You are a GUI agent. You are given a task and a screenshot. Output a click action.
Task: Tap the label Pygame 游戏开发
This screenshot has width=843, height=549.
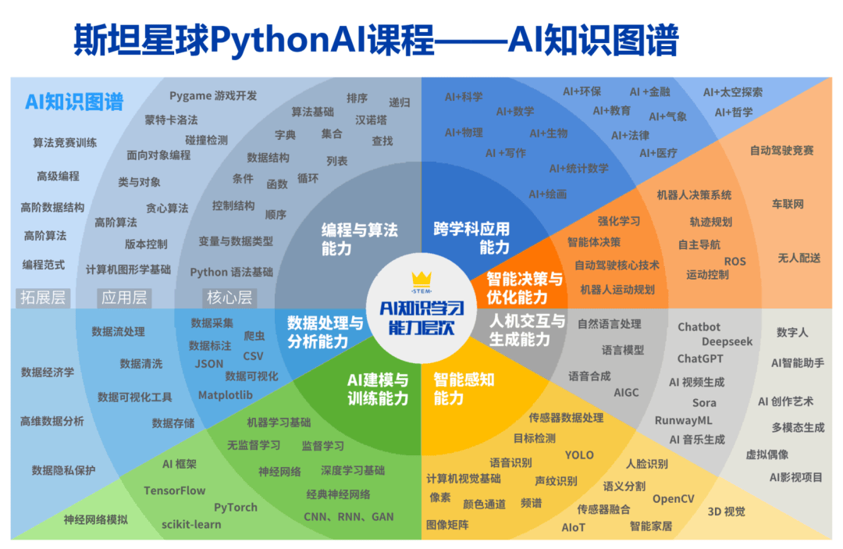(x=213, y=96)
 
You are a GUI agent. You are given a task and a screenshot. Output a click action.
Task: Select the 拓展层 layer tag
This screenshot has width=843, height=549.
(x=43, y=298)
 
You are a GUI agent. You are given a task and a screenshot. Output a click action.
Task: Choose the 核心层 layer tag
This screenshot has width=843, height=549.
(x=229, y=298)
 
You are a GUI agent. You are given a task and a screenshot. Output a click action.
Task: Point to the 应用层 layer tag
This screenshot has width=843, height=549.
(x=124, y=298)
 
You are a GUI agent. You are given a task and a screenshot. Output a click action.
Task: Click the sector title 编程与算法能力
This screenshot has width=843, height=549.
(x=359, y=239)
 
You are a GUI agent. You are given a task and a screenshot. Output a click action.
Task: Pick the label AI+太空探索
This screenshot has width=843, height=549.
(x=733, y=92)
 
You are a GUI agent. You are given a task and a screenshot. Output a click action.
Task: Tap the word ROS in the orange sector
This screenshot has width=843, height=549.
(x=735, y=262)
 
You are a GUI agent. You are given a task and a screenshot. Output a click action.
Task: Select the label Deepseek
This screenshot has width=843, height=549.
(x=727, y=341)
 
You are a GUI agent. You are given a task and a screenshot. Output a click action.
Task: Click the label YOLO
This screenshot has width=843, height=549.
(x=579, y=455)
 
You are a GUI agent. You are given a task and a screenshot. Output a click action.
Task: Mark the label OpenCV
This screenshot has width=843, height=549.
(x=673, y=499)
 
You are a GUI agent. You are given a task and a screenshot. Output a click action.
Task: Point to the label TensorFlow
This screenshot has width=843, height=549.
(x=174, y=490)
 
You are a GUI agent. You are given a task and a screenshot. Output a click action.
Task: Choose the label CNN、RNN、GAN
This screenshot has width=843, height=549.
(x=348, y=517)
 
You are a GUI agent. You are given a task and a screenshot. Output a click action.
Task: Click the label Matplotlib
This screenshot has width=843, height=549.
(x=226, y=395)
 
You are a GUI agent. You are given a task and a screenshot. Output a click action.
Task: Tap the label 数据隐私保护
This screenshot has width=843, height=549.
(x=63, y=470)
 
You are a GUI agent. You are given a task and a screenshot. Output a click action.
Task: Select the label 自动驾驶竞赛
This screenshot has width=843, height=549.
(x=781, y=151)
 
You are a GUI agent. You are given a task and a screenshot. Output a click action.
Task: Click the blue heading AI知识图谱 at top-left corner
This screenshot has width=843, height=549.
(x=74, y=102)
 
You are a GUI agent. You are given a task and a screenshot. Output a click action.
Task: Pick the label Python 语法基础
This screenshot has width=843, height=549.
(x=231, y=272)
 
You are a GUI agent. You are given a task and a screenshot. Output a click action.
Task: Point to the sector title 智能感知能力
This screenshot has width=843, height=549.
(x=464, y=389)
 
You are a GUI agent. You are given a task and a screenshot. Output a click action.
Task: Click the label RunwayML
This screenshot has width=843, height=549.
(x=683, y=420)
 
